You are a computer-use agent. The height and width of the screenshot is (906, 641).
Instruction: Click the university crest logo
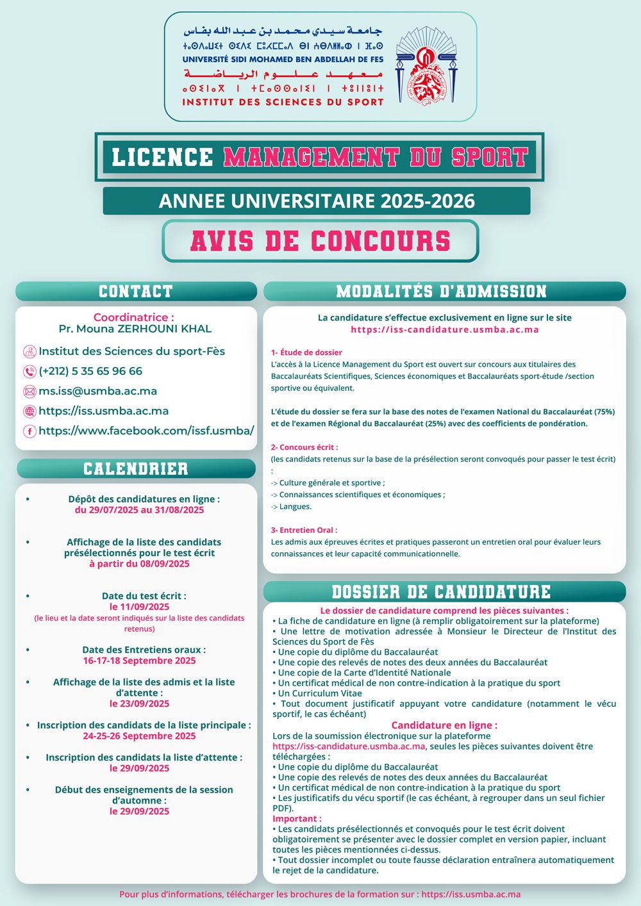point(426,66)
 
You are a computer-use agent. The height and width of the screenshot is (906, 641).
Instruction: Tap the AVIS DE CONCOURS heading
point(320,241)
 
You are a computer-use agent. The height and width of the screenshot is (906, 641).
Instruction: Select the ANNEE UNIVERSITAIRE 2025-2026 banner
point(317,201)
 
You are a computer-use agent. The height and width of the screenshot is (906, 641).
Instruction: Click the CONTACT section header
point(136,292)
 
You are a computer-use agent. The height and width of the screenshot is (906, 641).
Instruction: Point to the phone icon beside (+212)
point(29,372)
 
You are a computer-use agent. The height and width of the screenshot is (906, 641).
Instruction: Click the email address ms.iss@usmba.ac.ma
point(97,391)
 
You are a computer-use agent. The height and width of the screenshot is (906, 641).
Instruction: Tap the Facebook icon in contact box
point(29,431)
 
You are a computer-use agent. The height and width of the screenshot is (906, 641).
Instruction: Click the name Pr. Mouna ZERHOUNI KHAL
point(135,329)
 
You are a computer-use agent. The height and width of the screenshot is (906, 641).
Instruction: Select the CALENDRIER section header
point(136,468)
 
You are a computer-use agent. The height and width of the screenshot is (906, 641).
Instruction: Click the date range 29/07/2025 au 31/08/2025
point(139,510)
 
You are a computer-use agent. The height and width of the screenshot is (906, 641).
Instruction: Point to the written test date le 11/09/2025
point(139,607)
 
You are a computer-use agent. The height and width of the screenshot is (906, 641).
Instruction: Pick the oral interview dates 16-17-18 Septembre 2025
point(139,661)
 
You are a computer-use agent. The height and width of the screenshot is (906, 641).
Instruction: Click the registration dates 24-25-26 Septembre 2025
point(139,736)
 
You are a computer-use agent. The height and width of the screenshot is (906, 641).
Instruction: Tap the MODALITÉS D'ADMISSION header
point(442,292)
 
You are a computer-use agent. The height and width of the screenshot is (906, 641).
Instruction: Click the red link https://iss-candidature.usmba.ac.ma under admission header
point(444,329)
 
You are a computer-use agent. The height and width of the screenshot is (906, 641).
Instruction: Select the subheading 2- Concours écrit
point(304,447)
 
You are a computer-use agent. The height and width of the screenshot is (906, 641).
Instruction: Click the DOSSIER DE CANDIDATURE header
point(442,591)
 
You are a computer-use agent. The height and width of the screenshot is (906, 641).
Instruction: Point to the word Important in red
point(297,819)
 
